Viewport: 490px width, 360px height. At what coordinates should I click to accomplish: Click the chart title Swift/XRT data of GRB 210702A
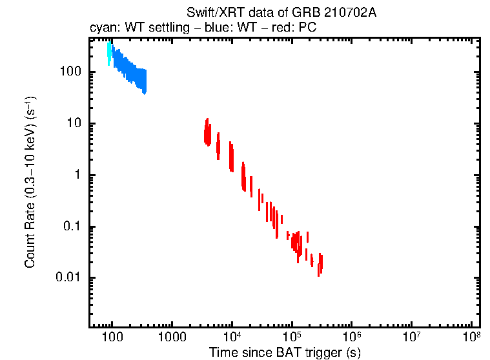pyautogui.click(x=281, y=14)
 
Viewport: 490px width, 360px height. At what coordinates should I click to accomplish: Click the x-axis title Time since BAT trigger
pyautogui.click(x=284, y=352)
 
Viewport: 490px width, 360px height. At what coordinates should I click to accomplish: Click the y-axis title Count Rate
pyautogui.click(x=30, y=182)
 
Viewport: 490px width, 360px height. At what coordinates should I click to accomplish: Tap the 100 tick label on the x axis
pyautogui.click(x=112, y=337)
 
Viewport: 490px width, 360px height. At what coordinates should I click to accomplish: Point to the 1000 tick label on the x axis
pyautogui.click(x=172, y=337)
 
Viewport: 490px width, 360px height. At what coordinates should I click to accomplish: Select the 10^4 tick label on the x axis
pyautogui.click(x=232, y=336)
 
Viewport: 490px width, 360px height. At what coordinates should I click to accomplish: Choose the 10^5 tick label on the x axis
pyautogui.click(x=292, y=336)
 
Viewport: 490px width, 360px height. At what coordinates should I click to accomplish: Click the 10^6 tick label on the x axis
pyautogui.click(x=352, y=336)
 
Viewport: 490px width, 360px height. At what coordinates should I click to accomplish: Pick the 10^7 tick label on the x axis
pyautogui.click(x=412, y=336)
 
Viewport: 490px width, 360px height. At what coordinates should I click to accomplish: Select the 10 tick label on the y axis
pyautogui.click(x=74, y=123)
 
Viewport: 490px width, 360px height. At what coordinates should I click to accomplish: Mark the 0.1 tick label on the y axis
pyautogui.click(x=72, y=226)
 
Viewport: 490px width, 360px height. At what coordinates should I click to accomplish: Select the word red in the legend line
pyautogui.click(x=280, y=28)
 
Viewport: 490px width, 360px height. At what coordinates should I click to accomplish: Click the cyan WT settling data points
pyautogui.click(x=110, y=52)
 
